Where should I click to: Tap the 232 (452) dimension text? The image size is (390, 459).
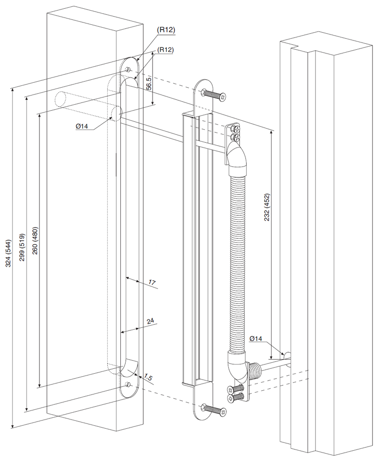pyautogui.click(x=267, y=208)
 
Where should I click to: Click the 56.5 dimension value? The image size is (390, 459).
pyautogui.click(x=149, y=82)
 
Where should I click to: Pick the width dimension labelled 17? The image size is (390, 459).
pyautogui.click(x=152, y=282)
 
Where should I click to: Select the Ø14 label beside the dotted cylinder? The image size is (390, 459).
pyautogui.click(x=81, y=127)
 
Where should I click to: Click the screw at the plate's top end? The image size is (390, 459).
pyautogui.click(x=214, y=95)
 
